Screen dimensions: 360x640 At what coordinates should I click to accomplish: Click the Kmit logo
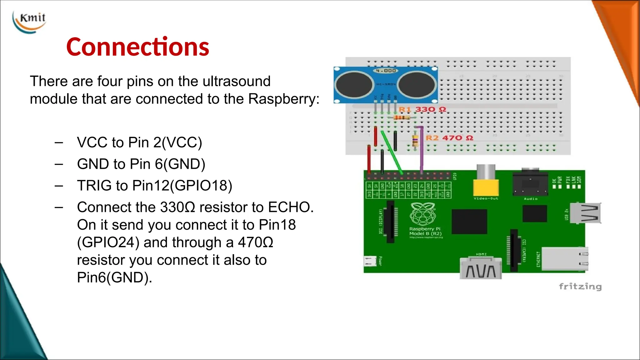tap(30, 21)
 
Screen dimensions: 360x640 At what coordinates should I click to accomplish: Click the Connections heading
tap(137, 47)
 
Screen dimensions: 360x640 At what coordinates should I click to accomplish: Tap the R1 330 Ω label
tap(422, 109)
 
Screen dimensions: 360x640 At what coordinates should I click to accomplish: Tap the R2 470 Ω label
tap(449, 138)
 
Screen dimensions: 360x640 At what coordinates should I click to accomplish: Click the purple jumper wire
tap(422, 150)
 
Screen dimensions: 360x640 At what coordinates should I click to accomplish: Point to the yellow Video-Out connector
tap(486, 186)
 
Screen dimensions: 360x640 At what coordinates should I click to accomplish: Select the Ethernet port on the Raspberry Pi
tap(564, 258)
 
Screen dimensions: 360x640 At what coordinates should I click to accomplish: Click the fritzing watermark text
tap(580, 286)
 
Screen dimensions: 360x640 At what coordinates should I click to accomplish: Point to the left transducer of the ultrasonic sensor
tap(354, 84)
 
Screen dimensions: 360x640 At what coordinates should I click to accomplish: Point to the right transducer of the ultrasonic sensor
tap(417, 84)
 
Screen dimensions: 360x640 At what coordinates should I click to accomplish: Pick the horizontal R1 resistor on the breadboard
tap(402, 117)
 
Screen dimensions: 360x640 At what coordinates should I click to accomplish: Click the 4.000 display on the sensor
tap(386, 71)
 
